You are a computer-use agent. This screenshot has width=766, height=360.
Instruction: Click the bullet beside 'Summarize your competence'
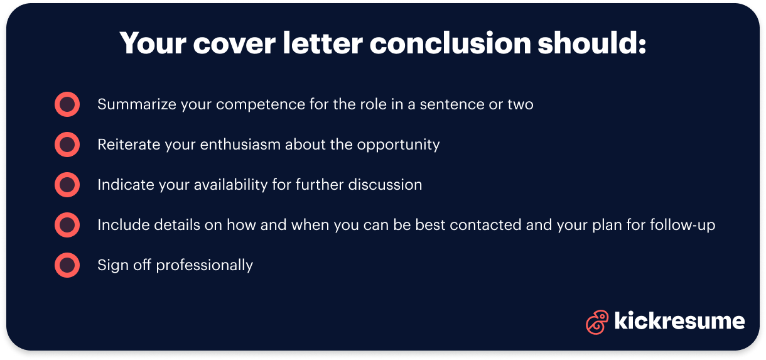[x=67, y=104]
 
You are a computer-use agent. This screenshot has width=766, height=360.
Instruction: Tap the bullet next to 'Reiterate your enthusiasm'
[x=67, y=145]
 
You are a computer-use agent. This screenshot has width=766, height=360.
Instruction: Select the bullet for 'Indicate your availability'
[x=67, y=185]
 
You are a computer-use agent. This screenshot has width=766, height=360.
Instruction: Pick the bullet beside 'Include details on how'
[x=67, y=225]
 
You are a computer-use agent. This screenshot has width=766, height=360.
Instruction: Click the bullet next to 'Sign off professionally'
[x=67, y=265]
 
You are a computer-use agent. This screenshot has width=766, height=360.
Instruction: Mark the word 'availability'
[x=239, y=185]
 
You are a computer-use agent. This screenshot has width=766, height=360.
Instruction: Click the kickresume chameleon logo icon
[x=597, y=322]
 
